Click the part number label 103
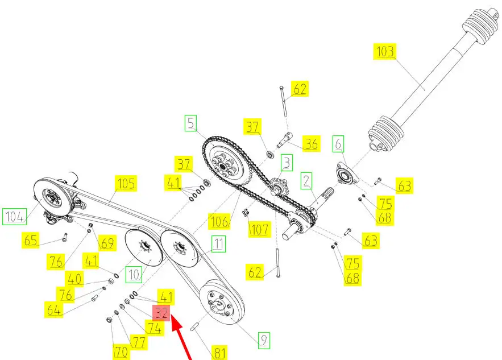pos(384,51)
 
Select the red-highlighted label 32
pos(161,313)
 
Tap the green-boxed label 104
pos(15,217)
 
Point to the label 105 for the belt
pos(126,183)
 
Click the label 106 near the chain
pos(219,221)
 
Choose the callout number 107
pos(260,229)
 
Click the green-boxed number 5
pos(191,123)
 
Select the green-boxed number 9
pos(264,340)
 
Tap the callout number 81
pos(219,353)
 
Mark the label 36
pos(311,144)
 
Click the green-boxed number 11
pos(218,244)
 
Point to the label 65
pos(30,240)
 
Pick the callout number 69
pos(107,243)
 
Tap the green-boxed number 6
pos(338,144)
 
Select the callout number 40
pos(74,279)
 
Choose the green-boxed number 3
pos(287,163)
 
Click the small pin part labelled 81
pos(194,328)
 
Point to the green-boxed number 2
pos(306,181)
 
